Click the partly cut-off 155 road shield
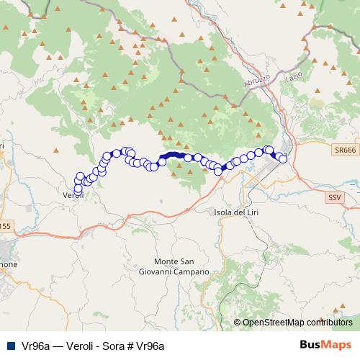coord(4,226)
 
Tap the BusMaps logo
coord(325,346)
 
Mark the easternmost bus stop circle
coord(283,158)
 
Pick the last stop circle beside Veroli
coord(78,189)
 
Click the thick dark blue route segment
coord(171,155)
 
